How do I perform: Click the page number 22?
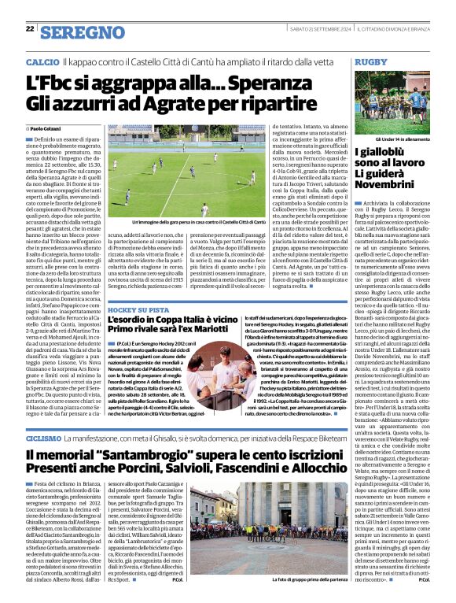coord(29,28)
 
